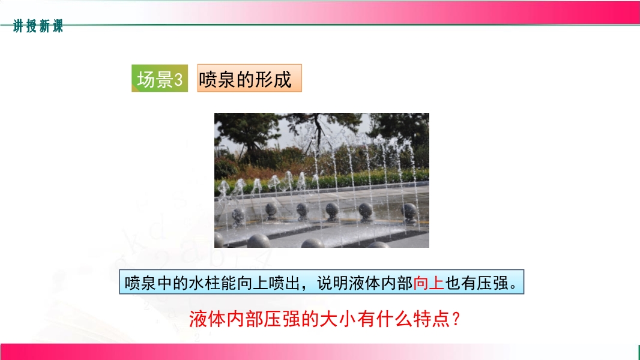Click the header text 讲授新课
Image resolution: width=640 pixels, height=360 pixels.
(38, 26)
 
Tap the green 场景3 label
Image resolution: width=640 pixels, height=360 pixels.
(160, 78)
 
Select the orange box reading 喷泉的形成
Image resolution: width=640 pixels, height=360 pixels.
(249, 78)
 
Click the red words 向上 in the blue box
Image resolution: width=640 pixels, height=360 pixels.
(429, 283)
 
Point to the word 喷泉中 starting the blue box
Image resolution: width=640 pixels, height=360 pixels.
(148, 283)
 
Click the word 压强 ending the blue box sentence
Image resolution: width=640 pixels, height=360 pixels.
(493, 283)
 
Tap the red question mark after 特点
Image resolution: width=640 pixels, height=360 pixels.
(456, 319)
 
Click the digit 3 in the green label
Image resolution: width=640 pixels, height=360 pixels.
(178, 80)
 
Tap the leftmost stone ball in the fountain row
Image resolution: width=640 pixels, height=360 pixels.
(238, 215)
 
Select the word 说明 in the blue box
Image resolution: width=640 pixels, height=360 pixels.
(333, 283)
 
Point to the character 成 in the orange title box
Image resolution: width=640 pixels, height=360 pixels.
(283, 79)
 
